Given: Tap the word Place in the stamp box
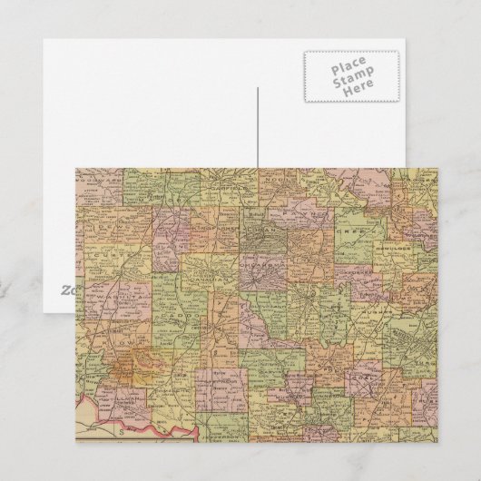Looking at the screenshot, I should click(x=349, y=67).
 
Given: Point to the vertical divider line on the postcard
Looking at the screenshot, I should click(x=258, y=127).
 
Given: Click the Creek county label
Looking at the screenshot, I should click(x=360, y=231).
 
